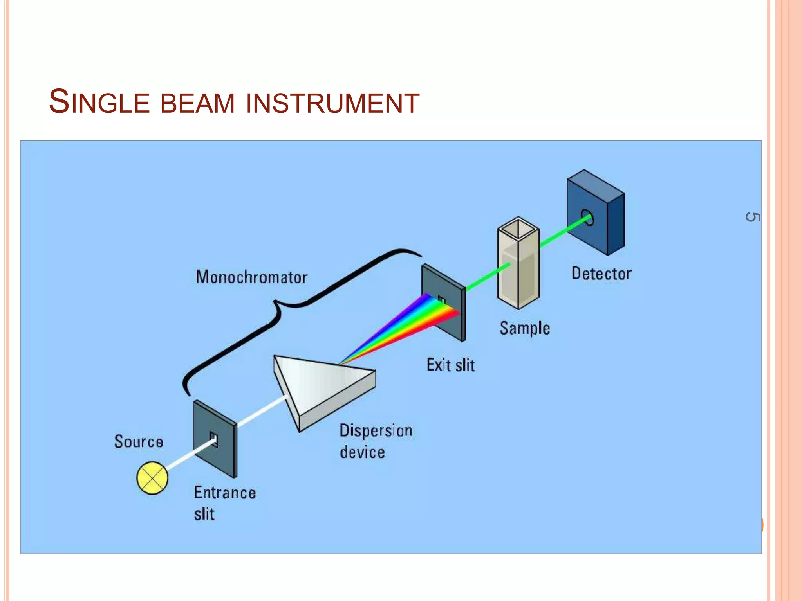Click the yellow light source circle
(152, 478)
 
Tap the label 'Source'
(139, 442)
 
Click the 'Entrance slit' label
(224, 503)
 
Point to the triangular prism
(321, 387)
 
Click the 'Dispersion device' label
(375, 441)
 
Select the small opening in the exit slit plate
(442, 300)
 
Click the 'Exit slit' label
(450, 365)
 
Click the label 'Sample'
(524, 328)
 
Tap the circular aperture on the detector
(587, 218)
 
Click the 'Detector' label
(601, 274)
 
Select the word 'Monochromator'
(251, 277)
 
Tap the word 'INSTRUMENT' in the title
(333, 103)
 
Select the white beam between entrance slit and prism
(262, 411)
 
